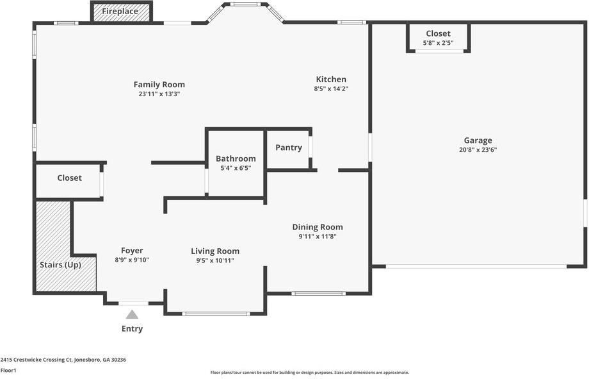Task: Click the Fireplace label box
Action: click(x=120, y=12)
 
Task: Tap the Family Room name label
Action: click(x=159, y=85)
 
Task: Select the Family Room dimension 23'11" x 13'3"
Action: click(x=159, y=94)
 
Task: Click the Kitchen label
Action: click(x=331, y=80)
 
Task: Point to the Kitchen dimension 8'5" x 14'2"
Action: click(x=331, y=89)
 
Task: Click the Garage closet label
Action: click(x=438, y=33)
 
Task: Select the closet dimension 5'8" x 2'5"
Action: click(x=438, y=43)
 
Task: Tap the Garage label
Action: click(x=478, y=140)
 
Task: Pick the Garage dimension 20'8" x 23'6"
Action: click(x=478, y=150)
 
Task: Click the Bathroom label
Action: click(x=236, y=158)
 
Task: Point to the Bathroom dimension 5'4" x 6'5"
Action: click(x=236, y=168)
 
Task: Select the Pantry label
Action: click(x=289, y=147)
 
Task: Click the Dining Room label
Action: click(x=318, y=227)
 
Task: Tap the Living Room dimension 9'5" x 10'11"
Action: click(x=215, y=260)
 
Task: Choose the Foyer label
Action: click(x=132, y=251)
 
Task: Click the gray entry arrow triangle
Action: click(x=132, y=314)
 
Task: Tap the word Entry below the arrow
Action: click(x=132, y=329)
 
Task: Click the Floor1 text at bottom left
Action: click(x=8, y=371)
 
